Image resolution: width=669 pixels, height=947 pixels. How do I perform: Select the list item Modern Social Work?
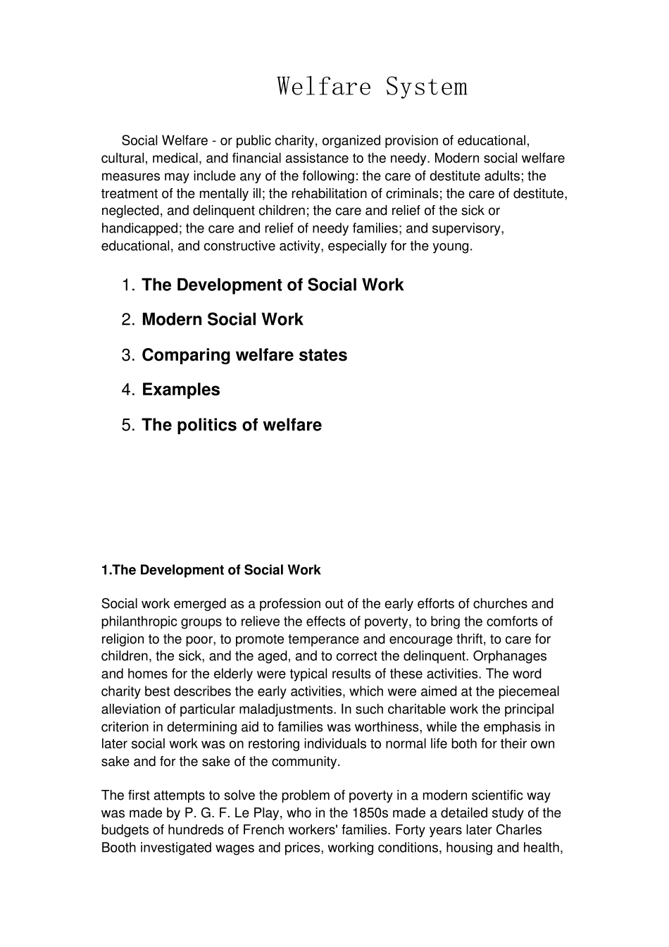[x=222, y=320]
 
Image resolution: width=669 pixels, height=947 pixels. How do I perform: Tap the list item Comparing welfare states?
[x=244, y=355]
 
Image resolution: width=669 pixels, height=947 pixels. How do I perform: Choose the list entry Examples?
[x=181, y=390]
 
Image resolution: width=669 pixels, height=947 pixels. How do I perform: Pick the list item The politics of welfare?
[x=232, y=425]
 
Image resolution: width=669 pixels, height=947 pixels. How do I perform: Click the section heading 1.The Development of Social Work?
[x=211, y=570]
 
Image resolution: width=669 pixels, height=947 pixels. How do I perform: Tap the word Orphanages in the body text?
[x=513, y=657]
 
